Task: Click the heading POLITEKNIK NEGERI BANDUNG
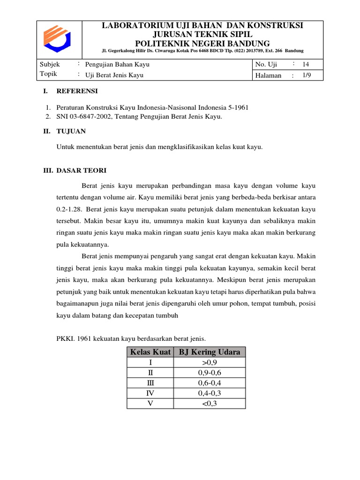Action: click(x=202, y=43)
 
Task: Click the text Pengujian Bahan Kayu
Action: click(x=117, y=64)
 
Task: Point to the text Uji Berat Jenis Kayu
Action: click(x=114, y=75)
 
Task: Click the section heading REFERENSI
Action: click(x=77, y=91)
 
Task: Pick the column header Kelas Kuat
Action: click(x=150, y=352)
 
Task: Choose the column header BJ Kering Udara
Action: click(x=210, y=352)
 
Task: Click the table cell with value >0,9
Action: click(x=210, y=362)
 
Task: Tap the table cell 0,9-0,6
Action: click(x=210, y=373)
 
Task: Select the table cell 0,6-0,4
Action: click(x=210, y=383)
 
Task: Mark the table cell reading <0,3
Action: click(x=210, y=404)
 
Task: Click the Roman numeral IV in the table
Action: click(x=150, y=393)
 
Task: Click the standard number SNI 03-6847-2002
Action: click(x=87, y=117)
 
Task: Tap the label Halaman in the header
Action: click(x=269, y=75)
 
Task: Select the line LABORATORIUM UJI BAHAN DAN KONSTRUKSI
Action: click(x=202, y=25)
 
